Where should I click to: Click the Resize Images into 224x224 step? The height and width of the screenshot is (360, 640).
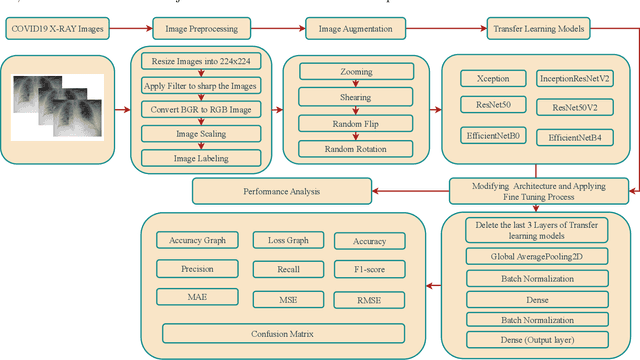coord(201,61)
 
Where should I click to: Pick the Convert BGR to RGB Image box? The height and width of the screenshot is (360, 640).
coord(201,110)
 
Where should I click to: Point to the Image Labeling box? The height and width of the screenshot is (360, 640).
coord(201,157)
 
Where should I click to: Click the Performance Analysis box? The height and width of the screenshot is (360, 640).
coord(281,188)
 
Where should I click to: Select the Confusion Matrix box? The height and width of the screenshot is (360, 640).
coord(281,332)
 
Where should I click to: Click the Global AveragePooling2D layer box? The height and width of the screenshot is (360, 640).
coord(537,256)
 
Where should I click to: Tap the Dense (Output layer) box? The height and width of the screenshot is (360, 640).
coord(537,339)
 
